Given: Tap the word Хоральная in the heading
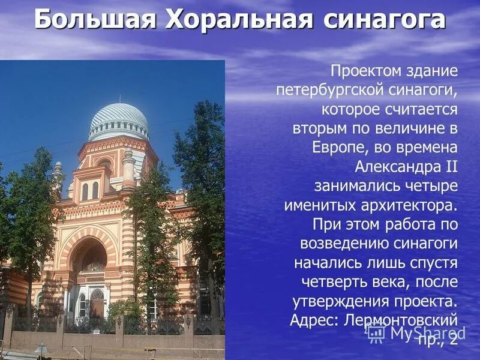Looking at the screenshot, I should click(240, 20).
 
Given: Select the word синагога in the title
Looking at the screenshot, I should click(384, 20).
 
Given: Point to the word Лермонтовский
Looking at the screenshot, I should click(401, 319).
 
